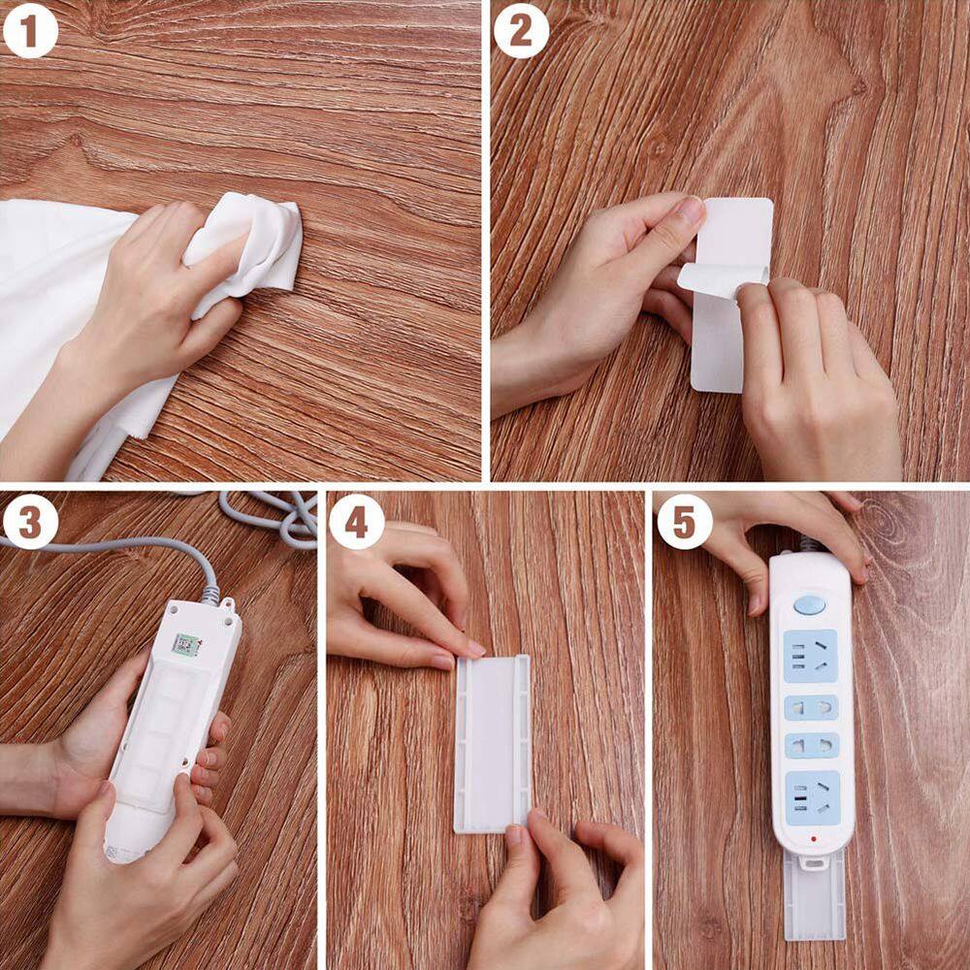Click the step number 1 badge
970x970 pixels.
(x=31, y=32)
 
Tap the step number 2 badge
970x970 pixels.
(x=521, y=32)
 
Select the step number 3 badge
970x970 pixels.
(x=31, y=523)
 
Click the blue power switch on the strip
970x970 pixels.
(x=809, y=605)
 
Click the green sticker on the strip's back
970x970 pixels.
(x=185, y=643)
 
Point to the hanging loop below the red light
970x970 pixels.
(x=813, y=859)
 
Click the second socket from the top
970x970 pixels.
(x=811, y=707)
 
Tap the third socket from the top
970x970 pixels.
(x=811, y=746)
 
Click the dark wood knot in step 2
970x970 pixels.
(x=857, y=85)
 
